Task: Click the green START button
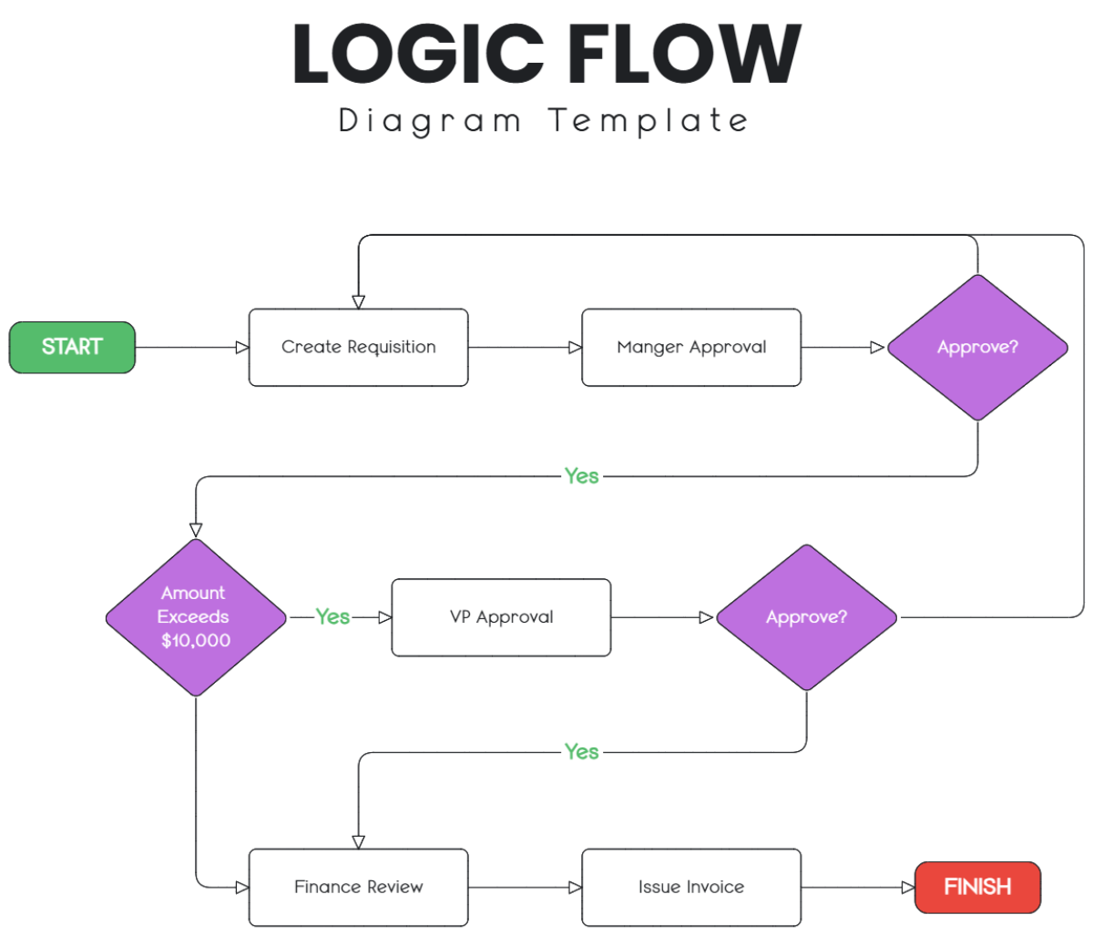pyautogui.click(x=72, y=347)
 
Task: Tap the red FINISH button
pyautogui.click(x=977, y=887)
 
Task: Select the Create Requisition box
pyautogui.click(x=358, y=347)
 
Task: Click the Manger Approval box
pyautogui.click(x=691, y=347)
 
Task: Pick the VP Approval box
pyautogui.click(x=501, y=617)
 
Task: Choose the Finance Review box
pyautogui.click(x=358, y=887)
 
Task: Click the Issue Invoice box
pyautogui.click(x=691, y=887)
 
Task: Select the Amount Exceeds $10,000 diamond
pyautogui.click(x=196, y=617)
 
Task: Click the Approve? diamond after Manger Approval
pyautogui.click(x=977, y=347)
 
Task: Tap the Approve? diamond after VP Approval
pyautogui.click(x=806, y=617)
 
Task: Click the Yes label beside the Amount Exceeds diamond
pyautogui.click(x=332, y=617)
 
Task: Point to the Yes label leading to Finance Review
pyautogui.click(x=581, y=752)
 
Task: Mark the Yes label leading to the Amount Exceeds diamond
pyautogui.click(x=581, y=476)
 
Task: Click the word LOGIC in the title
pyautogui.click(x=418, y=55)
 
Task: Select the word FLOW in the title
pyautogui.click(x=683, y=55)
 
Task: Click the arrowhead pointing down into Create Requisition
pyautogui.click(x=359, y=301)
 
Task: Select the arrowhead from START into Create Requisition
pyautogui.click(x=241, y=347)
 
